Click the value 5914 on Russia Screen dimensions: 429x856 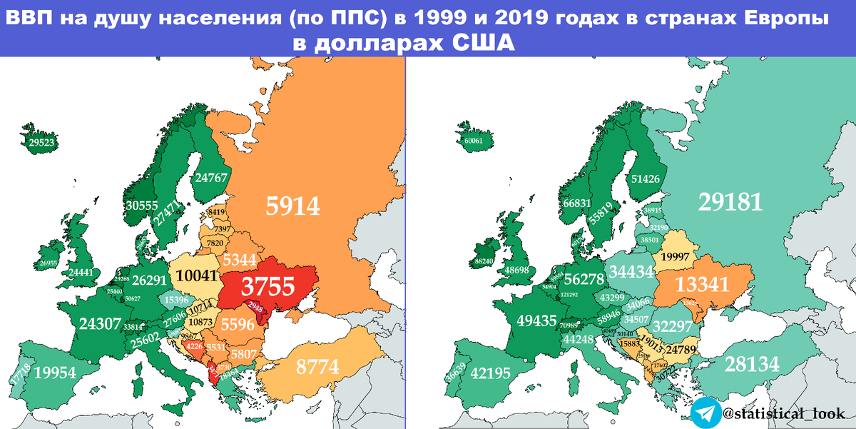(292, 206)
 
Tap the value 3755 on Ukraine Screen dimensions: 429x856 (267, 286)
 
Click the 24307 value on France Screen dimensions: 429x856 (99, 323)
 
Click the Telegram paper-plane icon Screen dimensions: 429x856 (704, 413)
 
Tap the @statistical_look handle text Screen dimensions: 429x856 (776, 413)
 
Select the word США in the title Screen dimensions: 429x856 (484, 43)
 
